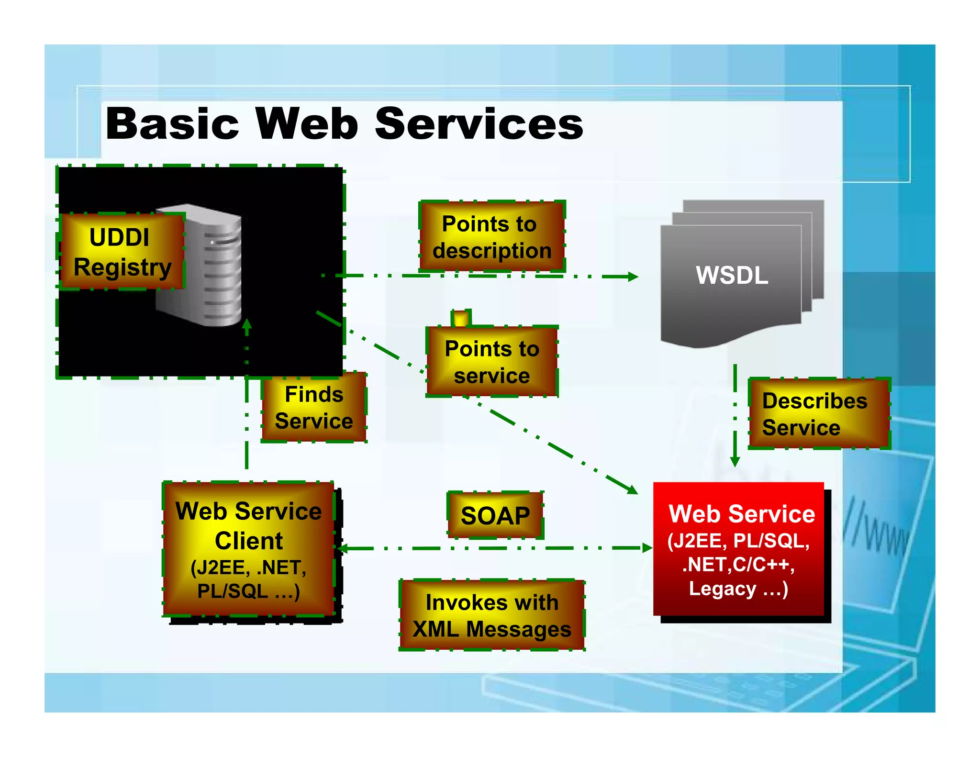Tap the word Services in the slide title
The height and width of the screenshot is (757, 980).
[479, 123]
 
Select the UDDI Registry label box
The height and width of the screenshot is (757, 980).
[122, 252]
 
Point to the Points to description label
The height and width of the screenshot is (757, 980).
[492, 237]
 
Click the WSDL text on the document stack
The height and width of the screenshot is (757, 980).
[732, 275]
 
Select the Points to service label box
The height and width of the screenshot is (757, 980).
[492, 362]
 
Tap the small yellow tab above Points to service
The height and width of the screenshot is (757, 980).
[461, 318]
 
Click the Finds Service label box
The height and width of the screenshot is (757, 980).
[314, 408]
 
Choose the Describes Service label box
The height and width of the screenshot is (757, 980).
[818, 414]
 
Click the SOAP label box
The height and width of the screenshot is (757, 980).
[495, 515]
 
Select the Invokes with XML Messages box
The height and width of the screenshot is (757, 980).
[492, 615]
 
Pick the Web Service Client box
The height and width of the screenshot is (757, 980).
[248, 549]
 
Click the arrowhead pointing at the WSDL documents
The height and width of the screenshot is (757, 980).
[633, 277]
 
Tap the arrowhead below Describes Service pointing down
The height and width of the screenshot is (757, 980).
[735, 462]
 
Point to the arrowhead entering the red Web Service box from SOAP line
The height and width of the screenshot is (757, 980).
[647, 548]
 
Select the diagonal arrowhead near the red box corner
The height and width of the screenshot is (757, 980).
[633, 490]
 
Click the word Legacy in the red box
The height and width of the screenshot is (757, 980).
[722, 589]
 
